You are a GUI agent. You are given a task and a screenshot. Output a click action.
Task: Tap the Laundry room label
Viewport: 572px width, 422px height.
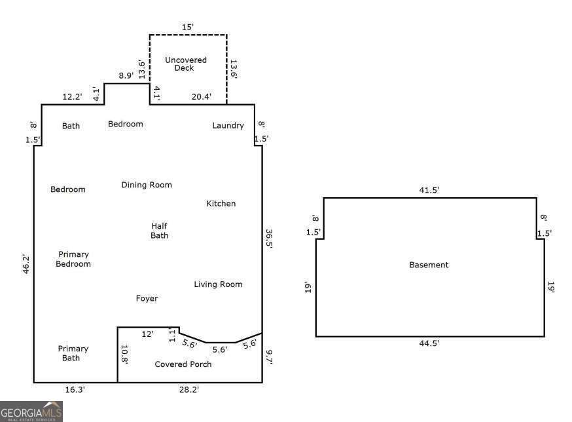[228, 125]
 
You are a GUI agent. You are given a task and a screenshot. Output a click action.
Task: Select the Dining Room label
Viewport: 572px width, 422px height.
[147, 185]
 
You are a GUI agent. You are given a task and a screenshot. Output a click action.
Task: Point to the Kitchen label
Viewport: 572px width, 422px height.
[221, 204]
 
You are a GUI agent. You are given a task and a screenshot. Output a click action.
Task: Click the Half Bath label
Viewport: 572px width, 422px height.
[159, 231]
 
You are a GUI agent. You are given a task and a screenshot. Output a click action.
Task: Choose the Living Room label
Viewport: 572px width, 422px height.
[218, 284]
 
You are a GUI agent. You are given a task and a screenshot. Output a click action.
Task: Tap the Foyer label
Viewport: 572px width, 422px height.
[147, 299]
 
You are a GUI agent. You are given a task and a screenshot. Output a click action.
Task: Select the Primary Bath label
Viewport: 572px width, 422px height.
[73, 353]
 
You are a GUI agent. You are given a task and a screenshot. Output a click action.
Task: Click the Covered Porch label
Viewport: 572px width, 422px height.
[183, 364]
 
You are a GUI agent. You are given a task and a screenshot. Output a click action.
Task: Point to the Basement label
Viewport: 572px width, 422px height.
[429, 265]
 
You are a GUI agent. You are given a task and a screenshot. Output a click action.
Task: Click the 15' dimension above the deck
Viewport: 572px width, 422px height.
[188, 27]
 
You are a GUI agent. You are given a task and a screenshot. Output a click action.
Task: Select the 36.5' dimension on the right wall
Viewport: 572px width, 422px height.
[269, 238]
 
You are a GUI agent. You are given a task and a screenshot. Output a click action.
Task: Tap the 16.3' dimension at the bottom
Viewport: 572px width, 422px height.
[75, 390]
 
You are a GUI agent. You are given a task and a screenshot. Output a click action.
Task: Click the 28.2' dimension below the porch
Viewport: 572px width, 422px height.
[189, 390]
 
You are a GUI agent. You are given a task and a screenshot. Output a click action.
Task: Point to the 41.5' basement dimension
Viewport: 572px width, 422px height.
[429, 190]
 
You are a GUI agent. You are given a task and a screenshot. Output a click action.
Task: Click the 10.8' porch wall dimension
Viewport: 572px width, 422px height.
[123, 354]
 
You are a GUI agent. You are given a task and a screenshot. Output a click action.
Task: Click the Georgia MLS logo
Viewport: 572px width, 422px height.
[31, 412]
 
